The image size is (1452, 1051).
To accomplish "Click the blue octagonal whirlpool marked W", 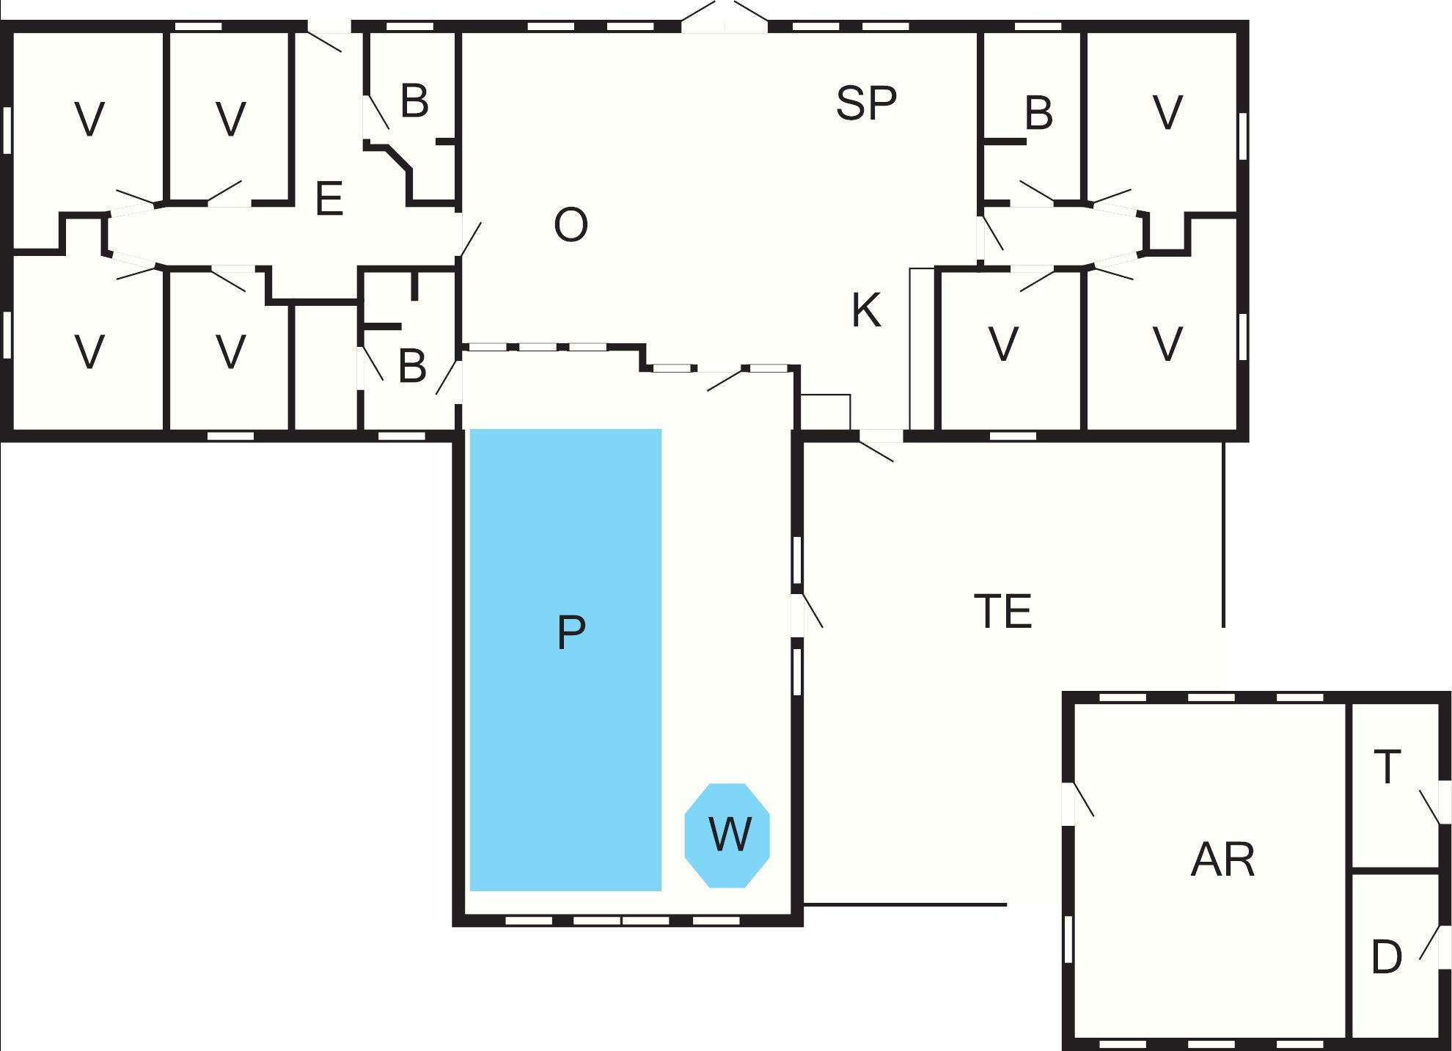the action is (727, 835).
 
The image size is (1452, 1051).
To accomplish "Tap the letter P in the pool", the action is (571, 632).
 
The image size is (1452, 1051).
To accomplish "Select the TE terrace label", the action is (1002, 611).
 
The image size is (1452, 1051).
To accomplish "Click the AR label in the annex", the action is (1222, 860).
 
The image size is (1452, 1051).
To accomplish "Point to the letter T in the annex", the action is (1387, 766).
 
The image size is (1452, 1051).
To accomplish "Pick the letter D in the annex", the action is (1386, 957).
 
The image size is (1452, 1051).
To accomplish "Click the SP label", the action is (866, 103).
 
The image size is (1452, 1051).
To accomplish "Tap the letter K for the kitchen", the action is (866, 310).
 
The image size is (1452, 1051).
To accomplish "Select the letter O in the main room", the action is (571, 224).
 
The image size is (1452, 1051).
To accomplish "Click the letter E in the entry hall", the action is (329, 198).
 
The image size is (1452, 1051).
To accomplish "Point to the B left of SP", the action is (414, 101).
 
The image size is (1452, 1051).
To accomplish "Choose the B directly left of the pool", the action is (412, 366).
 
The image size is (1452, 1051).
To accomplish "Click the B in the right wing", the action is (1038, 113).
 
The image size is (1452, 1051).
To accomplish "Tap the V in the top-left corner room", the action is (89, 119).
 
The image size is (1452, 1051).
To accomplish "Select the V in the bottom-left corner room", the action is (89, 351).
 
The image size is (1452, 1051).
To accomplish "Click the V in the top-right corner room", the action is (1167, 112).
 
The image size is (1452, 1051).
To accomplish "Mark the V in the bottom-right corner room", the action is (1167, 343).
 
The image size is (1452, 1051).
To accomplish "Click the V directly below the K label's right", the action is (1003, 343).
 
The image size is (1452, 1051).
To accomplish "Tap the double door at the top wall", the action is (725, 17).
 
